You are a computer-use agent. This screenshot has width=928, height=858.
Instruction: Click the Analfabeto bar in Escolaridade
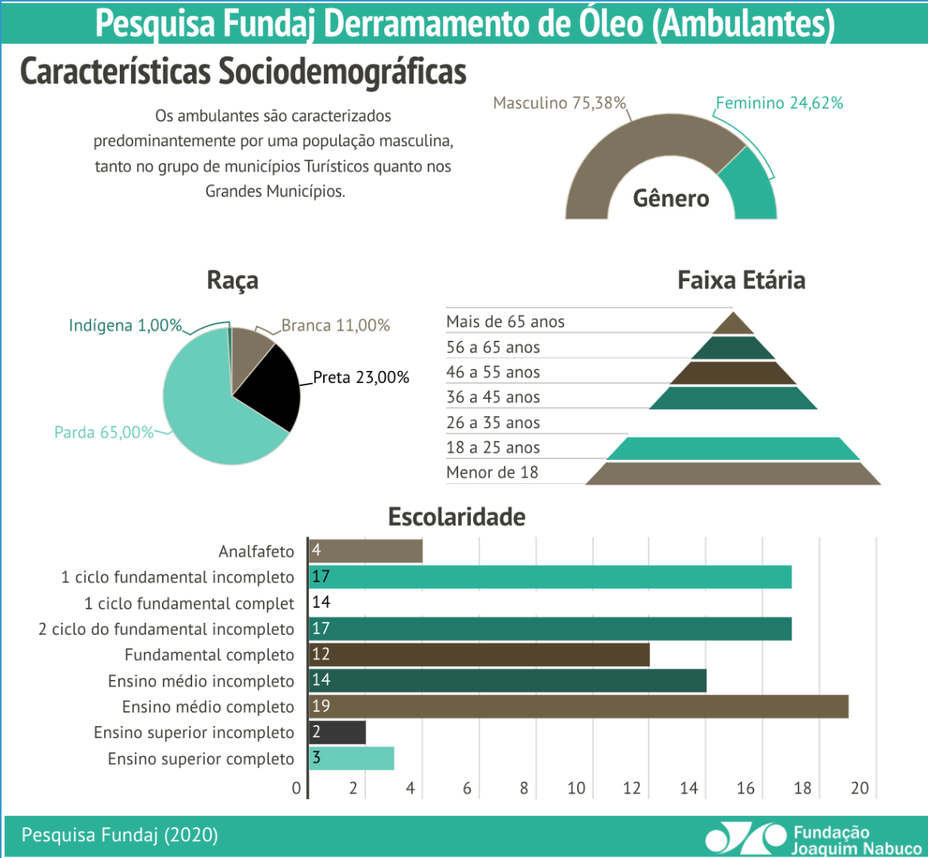pyautogui.click(x=365, y=551)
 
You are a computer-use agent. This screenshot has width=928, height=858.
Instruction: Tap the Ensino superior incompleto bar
pyautogui.click(x=337, y=732)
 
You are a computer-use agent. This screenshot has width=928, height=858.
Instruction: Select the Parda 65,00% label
pyautogui.click(x=103, y=432)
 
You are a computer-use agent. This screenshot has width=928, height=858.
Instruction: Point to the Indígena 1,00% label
pyautogui.click(x=125, y=326)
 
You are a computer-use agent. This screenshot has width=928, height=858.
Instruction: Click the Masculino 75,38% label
pyautogui.click(x=560, y=103)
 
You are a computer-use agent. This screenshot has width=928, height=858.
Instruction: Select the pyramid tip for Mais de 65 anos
pyautogui.click(x=733, y=324)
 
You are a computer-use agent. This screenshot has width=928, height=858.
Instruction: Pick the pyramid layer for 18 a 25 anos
pyautogui.click(x=733, y=449)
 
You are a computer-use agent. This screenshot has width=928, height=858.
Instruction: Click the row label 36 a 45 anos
pyautogui.click(x=492, y=397)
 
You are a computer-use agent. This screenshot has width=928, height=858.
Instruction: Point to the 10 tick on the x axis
pyautogui.click(x=576, y=788)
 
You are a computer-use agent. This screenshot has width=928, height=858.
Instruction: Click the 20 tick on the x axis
pyautogui.click(x=860, y=788)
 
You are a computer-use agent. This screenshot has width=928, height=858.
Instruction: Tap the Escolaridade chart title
pyautogui.click(x=456, y=517)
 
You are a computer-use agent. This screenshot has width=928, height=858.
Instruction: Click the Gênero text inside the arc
pyautogui.click(x=671, y=199)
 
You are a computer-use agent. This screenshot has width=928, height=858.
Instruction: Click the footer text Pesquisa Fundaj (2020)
pyautogui.click(x=119, y=835)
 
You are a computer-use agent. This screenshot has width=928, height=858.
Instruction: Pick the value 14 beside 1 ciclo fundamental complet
pyautogui.click(x=321, y=602)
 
